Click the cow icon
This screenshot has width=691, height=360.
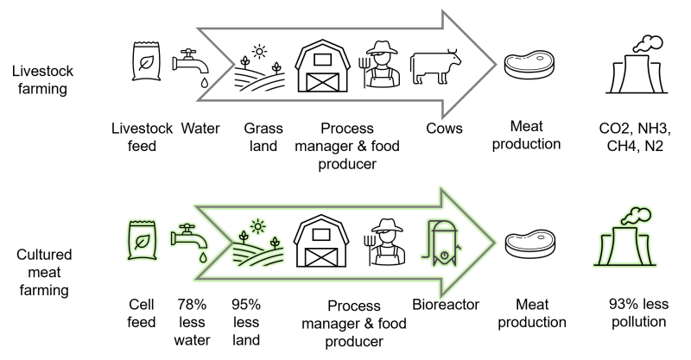435,66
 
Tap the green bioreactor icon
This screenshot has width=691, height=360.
441,243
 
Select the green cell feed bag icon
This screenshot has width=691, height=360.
142,240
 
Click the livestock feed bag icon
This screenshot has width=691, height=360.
146,61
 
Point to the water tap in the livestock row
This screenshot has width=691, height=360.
191,67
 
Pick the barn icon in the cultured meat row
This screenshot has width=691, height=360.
321,241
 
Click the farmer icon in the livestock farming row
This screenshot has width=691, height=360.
381,65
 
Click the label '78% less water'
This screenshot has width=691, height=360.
192,322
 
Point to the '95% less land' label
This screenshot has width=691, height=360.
246,322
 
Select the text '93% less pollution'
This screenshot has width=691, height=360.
638,313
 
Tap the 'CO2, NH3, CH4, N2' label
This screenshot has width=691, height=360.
635,137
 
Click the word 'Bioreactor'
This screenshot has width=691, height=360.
446,305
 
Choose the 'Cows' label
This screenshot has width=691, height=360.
444,129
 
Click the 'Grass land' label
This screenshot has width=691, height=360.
263,137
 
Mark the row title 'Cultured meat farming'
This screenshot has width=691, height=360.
44,272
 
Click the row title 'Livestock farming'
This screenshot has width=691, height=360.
42,79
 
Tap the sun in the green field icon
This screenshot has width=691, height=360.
257,227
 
